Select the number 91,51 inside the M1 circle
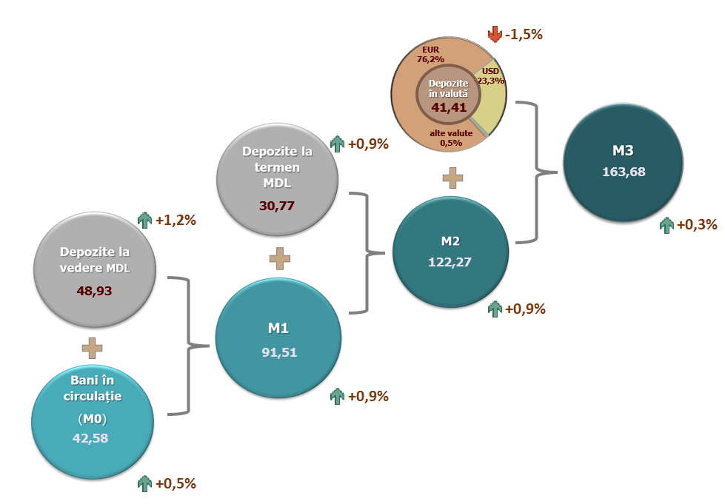[278, 352]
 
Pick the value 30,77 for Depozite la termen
[277, 205]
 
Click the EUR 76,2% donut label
[431, 56]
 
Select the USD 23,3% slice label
[490, 76]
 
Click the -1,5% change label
[524, 34]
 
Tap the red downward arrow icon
[495, 34]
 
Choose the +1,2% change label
[176, 220]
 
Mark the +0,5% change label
[176, 484]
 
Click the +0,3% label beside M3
[697, 224]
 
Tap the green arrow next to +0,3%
[666, 224]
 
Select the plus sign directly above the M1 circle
[278, 259]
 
